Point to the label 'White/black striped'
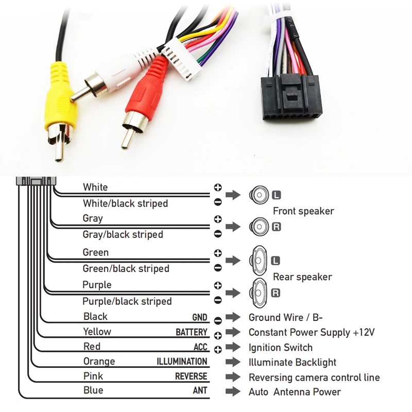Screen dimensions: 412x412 tap(125, 203)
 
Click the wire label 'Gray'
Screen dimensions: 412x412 tap(93, 218)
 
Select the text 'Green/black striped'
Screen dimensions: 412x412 tap(126, 268)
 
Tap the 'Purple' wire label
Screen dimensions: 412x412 tap(97, 285)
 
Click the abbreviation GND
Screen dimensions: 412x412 tap(200, 318)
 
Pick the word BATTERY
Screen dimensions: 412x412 tap(191, 333)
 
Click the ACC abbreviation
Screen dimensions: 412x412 tap(200, 348)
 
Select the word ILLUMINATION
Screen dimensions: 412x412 tap(182, 362)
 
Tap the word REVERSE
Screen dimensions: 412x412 tap(191, 377)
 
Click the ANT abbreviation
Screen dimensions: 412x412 tap(200, 391)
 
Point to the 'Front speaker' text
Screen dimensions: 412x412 tap(303, 211)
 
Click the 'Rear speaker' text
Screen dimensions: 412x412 tap(302, 277)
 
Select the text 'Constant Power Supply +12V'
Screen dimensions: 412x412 tap(312, 333)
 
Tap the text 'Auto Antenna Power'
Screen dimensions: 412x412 tap(295, 392)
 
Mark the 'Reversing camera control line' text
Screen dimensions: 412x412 tap(314, 377)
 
